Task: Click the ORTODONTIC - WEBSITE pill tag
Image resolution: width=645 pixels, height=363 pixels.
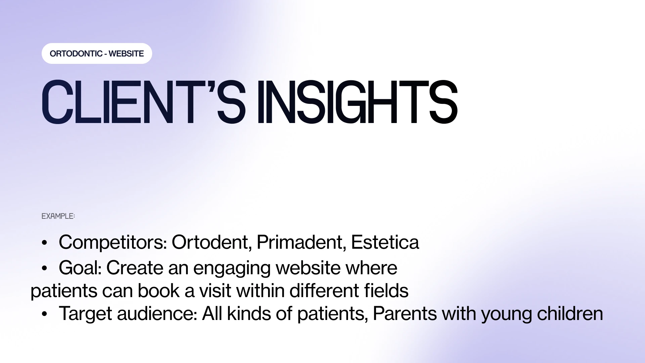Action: click(97, 53)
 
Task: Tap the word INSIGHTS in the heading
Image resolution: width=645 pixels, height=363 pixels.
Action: click(357, 102)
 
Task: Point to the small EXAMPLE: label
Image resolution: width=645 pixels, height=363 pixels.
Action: click(58, 216)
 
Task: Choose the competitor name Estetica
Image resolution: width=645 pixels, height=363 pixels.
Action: click(385, 242)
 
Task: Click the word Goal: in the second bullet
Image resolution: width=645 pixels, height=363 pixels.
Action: click(80, 268)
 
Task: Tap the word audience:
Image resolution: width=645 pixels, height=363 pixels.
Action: click(157, 314)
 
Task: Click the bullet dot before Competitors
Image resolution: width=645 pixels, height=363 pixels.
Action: click(44, 243)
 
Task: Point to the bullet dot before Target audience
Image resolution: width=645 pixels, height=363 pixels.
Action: click(44, 314)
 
